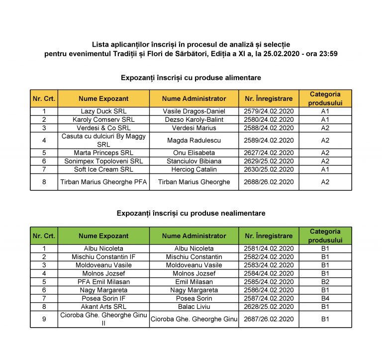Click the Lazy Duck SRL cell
pyautogui.click(x=103, y=111)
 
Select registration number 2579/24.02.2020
pyautogui.click(x=269, y=111)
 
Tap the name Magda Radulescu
pyautogui.click(x=194, y=140)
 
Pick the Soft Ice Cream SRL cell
pyautogui.click(x=103, y=170)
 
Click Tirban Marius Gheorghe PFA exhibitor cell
pyautogui.click(x=103, y=182)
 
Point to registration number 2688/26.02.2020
pyautogui.click(x=269, y=182)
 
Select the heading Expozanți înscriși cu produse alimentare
pyautogui.click(x=191, y=78)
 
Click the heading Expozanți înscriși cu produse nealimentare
pyautogui.click(x=191, y=213)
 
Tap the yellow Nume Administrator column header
pyautogui.click(x=194, y=98)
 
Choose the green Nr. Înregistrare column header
pyautogui.click(x=269, y=236)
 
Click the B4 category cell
pyautogui.click(x=325, y=298)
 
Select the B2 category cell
pyautogui.click(x=325, y=281)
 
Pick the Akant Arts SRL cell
pyautogui.click(x=103, y=307)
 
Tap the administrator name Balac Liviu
pyautogui.click(x=194, y=307)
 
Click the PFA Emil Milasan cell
pyautogui.click(x=103, y=281)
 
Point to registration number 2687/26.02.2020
pyautogui.click(x=269, y=319)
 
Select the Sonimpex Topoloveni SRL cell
pyautogui.click(x=103, y=161)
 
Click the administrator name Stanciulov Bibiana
pyautogui.click(x=194, y=161)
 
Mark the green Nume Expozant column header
pyautogui.click(x=103, y=236)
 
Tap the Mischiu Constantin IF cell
pyautogui.click(x=103, y=257)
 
